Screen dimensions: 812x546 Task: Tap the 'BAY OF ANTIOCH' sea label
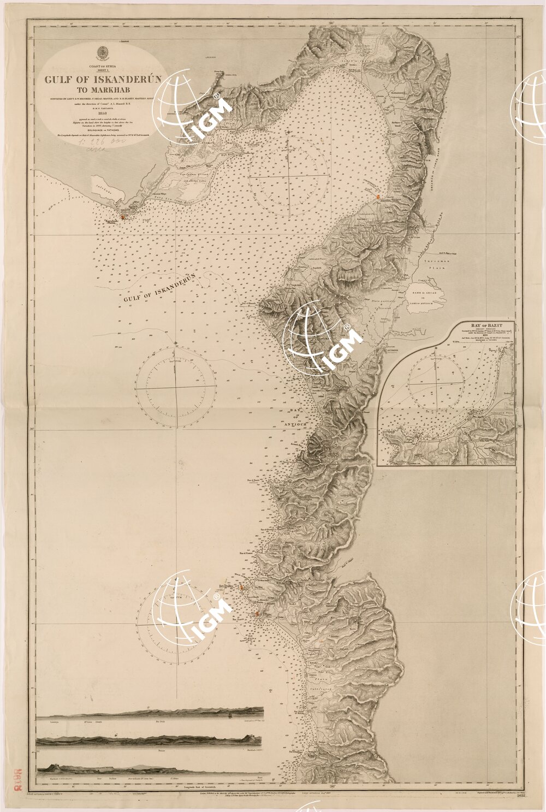click(297, 413)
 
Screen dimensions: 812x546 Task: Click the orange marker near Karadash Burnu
click(124, 217)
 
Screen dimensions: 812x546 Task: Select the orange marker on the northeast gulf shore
click(378, 197)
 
